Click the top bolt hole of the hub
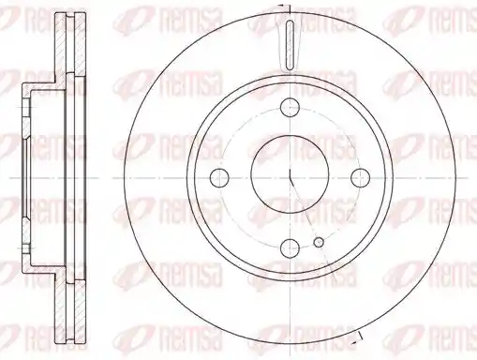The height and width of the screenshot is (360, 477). tap(290, 108)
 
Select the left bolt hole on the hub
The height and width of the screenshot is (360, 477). tap(219, 178)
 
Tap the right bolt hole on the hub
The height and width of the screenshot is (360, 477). tap(360, 178)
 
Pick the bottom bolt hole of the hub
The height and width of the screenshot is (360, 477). tap(290, 247)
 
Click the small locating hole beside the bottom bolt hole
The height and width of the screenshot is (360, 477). tap(319, 242)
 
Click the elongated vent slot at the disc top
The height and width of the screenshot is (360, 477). tap(290, 44)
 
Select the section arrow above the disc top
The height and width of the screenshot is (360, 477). tap(285, 6)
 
